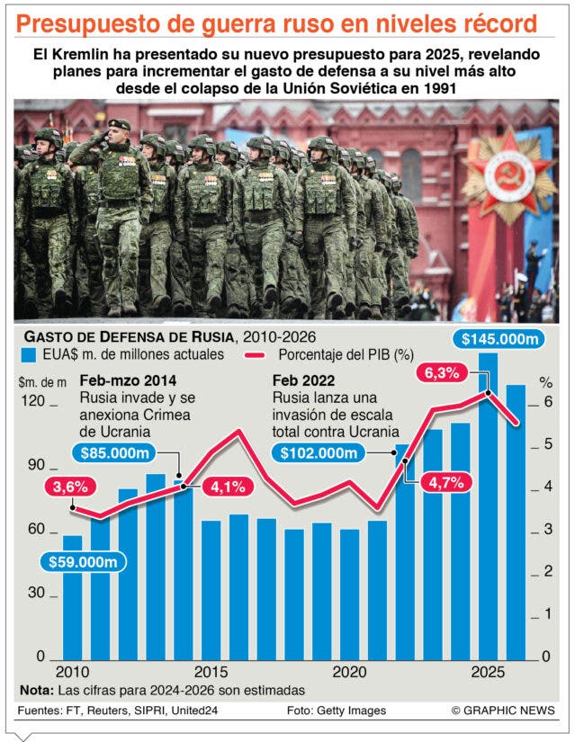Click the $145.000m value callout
coord(499,339)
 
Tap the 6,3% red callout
coord(442,373)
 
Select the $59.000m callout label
coord(83,562)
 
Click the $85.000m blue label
coord(114,453)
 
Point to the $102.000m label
coord(319,453)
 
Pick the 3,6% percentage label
coord(70,487)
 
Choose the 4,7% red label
coord(445,483)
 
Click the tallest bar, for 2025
coord(488,506)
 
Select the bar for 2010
coord(73,598)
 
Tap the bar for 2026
coord(516,523)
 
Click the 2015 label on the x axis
coord(211,672)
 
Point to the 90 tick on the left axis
coord(36,465)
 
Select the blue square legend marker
coord(29,355)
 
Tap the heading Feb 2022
coord(303,380)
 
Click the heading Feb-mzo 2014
coord(128,380)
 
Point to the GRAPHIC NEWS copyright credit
coord(503,711)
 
